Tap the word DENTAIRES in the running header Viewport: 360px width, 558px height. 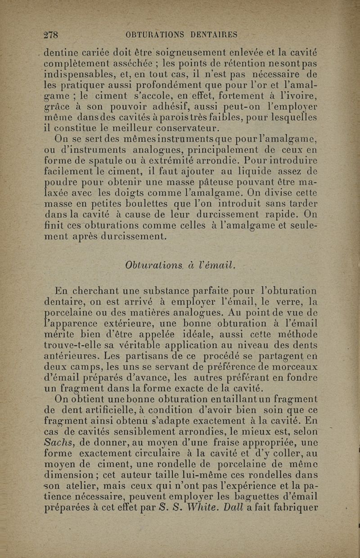click(213, 35)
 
